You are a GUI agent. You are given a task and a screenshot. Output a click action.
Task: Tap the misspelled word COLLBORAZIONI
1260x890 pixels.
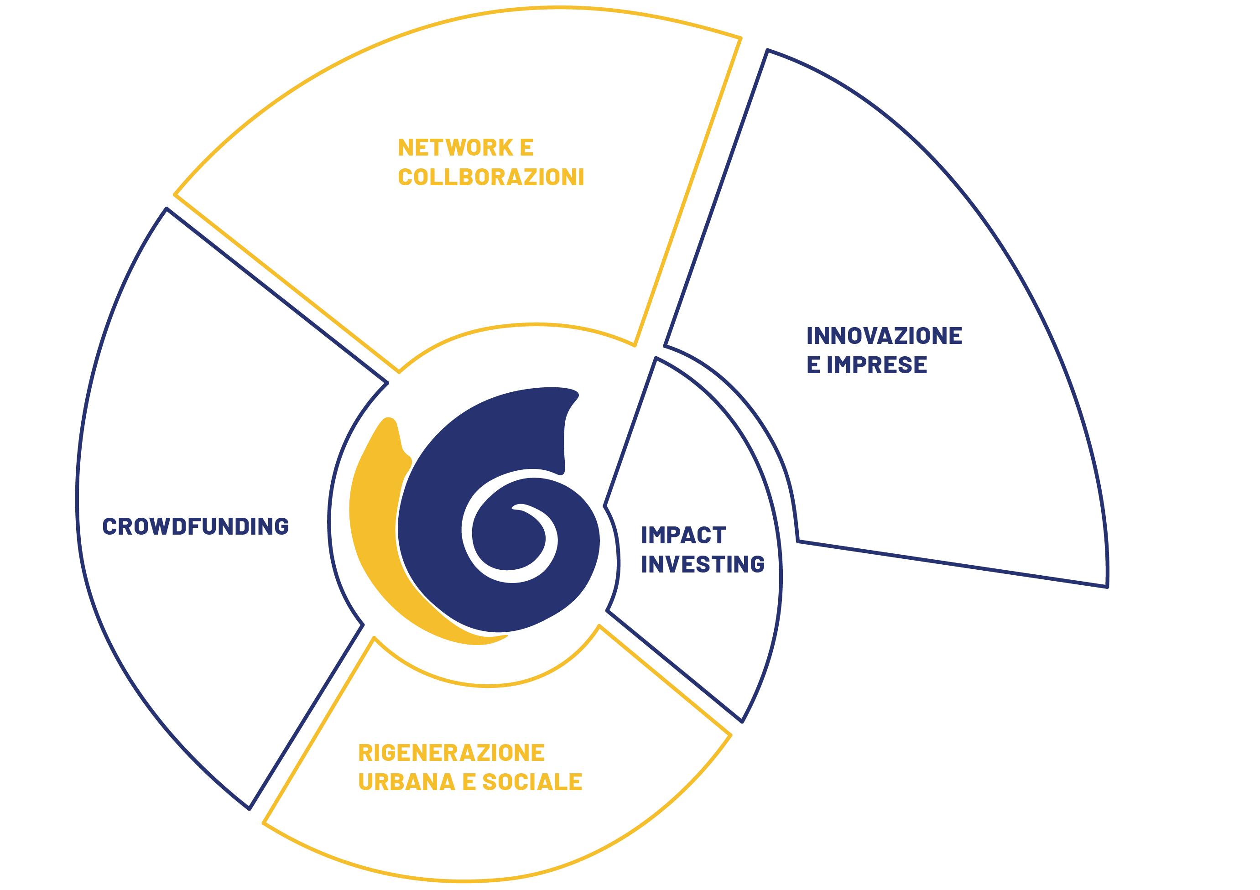(x=491, y=177)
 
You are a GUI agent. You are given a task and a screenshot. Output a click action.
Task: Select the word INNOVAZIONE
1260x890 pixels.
(x=884, y=336)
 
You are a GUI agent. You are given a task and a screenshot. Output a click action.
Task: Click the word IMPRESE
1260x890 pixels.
(x=877, y=365)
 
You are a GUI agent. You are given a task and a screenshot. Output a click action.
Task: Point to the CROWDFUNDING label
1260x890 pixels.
(x=196, y=526)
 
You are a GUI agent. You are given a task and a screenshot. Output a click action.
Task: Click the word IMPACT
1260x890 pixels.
(x=683, y=535)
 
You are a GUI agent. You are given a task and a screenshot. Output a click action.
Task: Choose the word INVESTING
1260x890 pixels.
(x=703, y=564)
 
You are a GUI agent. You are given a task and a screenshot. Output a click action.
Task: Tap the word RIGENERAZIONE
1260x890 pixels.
(x=451, y=753)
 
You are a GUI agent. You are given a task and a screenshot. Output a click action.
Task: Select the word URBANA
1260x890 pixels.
(x=406, y=782)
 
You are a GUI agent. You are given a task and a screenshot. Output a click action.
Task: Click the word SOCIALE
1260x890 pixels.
(x=532, y=782)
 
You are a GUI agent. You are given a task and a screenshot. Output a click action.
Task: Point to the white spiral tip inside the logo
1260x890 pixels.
(x=513, y=508)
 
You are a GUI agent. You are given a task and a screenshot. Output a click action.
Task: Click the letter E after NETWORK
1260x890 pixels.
(x=527, y=148)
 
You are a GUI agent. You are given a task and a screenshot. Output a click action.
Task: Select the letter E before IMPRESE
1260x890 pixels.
(x=813, y=365)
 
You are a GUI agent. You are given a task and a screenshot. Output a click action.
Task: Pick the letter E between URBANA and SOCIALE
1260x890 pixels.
(x=469, y=782)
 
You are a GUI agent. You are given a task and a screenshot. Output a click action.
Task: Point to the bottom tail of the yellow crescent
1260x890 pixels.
(x=506, y=636)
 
